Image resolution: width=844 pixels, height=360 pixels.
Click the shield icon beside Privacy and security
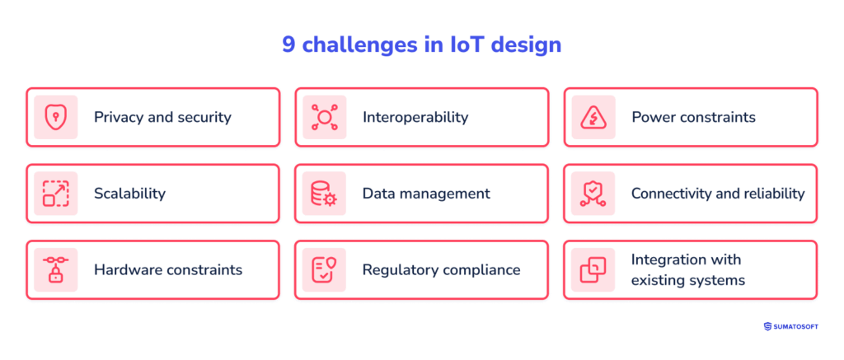click(x=55, y=117)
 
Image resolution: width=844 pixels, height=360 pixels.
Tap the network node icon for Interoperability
click(x=324, y=117)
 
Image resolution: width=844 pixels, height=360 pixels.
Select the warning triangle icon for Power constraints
click(x=593, y=117)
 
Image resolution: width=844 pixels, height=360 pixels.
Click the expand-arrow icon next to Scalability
click(x=55, y=194)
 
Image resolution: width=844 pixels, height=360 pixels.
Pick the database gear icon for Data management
click(x=324, y=194)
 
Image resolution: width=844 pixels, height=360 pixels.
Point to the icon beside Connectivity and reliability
click(x=593, y=194)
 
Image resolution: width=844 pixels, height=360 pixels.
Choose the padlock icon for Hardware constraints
click(x=55, y=269)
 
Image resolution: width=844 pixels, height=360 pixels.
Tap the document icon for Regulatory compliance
click(x=324, y=269)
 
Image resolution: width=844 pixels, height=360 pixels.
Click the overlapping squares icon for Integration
click(x=593, y=269)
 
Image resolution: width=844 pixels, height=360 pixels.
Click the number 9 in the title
click(x=288, y=44)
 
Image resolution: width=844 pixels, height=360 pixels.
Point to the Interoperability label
click(x=415, y=117)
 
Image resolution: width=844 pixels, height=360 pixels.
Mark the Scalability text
click(x=129, y=194)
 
